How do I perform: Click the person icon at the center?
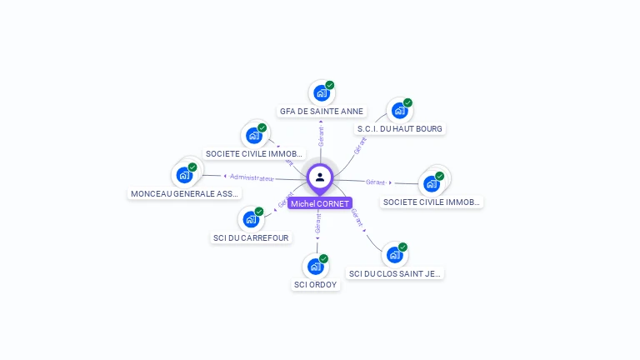[x=320, y=177]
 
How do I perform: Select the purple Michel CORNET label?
[x=320, y=203]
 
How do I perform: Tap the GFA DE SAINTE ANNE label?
[x=322, y=111]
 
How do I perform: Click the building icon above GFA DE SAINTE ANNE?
[x=321, y=93]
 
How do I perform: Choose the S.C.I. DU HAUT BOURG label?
[x=400, y=128]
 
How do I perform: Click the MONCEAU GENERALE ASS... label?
[x=185, y=193]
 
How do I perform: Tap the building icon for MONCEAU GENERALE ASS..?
[x=184, y=176]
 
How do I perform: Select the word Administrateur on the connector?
[x=252, y=177]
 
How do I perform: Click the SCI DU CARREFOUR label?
[x=251, y=237]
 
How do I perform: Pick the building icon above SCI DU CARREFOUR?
[x=250, y=220]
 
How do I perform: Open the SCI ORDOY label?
[x=316, y=284]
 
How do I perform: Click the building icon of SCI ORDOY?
[x=315, y=267]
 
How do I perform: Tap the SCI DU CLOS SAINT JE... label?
[x=395, y=273]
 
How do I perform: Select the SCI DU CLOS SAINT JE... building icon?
[x=394, y=256]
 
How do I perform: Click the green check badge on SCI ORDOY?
[x=323, y=258]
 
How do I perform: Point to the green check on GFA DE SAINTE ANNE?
[x=329, y=85]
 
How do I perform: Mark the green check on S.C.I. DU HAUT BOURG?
[x=407, y=102]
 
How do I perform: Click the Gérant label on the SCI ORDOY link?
[x=317, y=223]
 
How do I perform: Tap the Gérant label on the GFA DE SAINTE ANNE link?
[x=321, y=132]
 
